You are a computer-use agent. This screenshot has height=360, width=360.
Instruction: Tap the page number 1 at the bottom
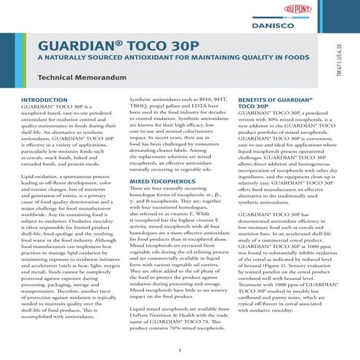(x=179, y=350)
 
